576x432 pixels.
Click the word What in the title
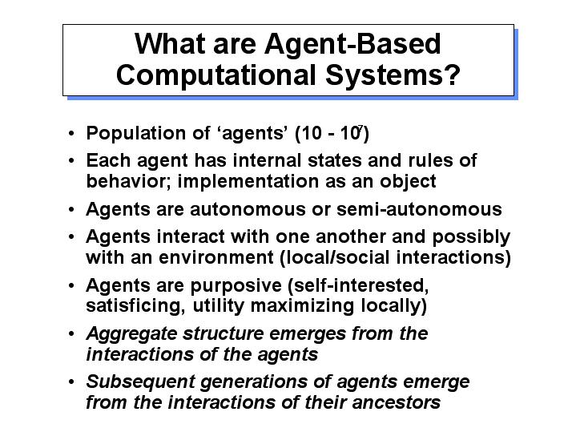coord(170,44)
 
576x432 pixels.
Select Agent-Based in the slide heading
coord(352,45)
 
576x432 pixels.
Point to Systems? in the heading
coord(393,75)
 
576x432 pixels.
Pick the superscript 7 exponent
coord(360,128)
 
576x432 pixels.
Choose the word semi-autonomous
coord(419,209)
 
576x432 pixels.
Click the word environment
coord(216,257)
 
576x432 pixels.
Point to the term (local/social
coord(334,257)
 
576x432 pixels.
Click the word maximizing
coord(302,306)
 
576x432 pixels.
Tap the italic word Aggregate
coord(132,334)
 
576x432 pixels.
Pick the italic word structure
coord(223,334)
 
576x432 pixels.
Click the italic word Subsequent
coord(140,382)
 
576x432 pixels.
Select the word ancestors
coord(396,403)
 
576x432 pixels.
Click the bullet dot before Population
coord(71,134)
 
